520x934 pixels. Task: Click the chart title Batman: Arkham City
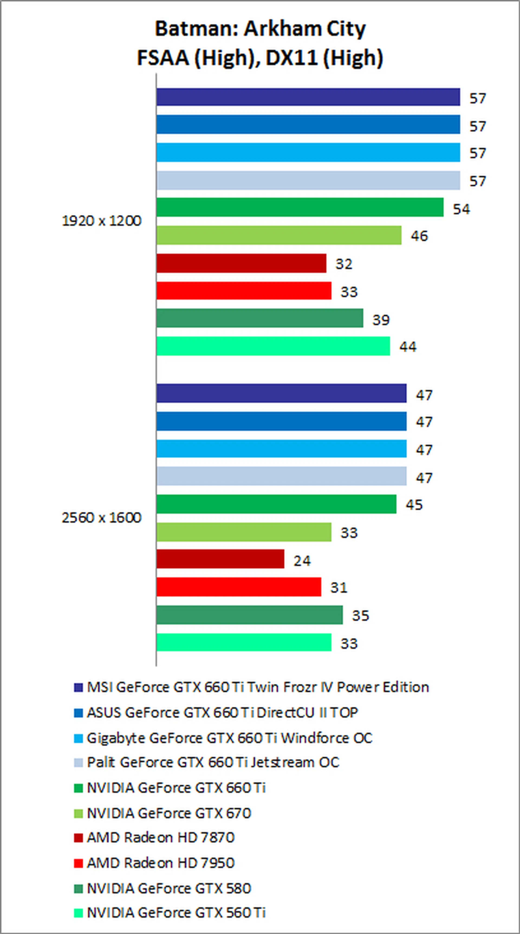pos(260,29)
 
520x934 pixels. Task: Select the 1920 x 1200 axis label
pos(102,221)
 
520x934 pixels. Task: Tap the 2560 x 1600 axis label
pos(102,518)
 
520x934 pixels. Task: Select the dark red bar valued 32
pos(241,263)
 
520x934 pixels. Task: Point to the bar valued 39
pos(260,318)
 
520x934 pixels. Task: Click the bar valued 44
pos(273,346)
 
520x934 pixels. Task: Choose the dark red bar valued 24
pos(220,559)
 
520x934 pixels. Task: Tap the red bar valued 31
pos(239,587)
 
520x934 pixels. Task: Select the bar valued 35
pos(249,615)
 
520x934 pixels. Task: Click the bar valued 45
pos(276,504)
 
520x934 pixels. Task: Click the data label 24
pos(302,561)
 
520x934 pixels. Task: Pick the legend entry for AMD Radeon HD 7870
pos(161,838)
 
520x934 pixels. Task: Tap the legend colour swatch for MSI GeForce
pos(78,687)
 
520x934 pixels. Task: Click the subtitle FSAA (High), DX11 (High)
pos(260,58)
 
